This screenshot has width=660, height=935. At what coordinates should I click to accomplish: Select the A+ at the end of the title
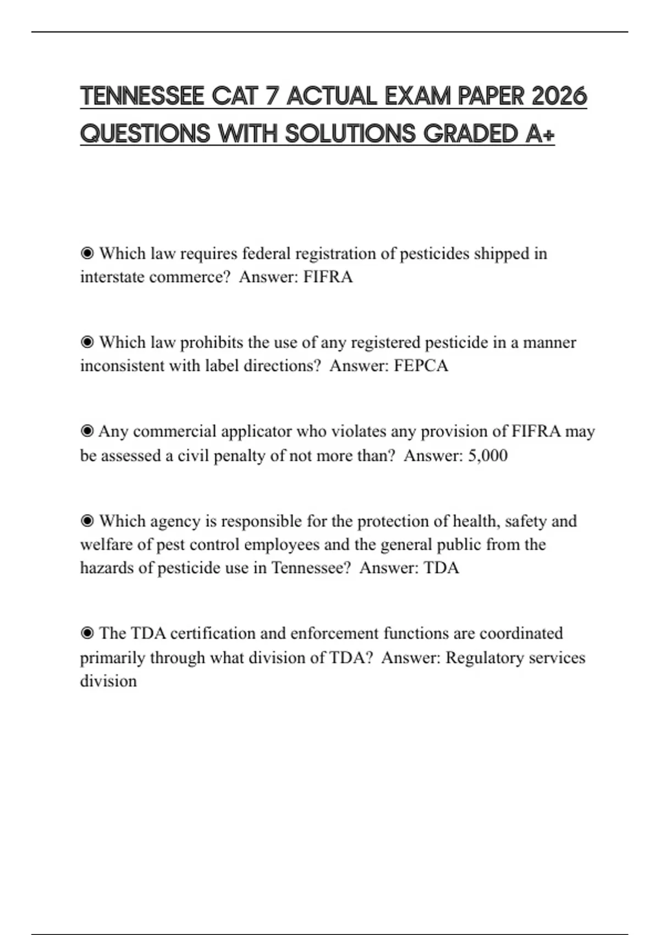coord(540,134)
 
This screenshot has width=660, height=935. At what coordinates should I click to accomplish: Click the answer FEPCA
coord(421,366)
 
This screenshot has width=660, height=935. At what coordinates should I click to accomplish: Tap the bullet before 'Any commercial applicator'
coord(87,431)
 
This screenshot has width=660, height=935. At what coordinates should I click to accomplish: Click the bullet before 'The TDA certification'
coord(87,634)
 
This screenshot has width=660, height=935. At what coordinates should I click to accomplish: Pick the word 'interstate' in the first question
coord(112,277)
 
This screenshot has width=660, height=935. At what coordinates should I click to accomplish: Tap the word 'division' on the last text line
coord(108,681)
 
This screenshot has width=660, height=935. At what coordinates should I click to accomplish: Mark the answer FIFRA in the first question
coord(328,277)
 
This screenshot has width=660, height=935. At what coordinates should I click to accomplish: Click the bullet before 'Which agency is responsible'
coord(87,521)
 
